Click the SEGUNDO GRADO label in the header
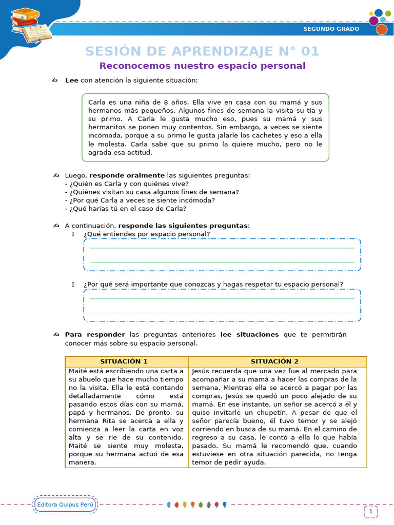331,29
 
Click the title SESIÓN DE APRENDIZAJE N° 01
202,51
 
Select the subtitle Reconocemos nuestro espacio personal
202,66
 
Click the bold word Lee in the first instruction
72,80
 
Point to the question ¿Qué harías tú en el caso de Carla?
126,209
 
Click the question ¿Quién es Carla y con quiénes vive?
127,184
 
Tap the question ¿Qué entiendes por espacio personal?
147,234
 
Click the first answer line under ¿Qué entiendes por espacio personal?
222,248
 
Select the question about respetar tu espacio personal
213,284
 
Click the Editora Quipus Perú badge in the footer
65,504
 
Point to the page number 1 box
370,511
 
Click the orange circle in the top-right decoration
381,30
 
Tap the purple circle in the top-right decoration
373,21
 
